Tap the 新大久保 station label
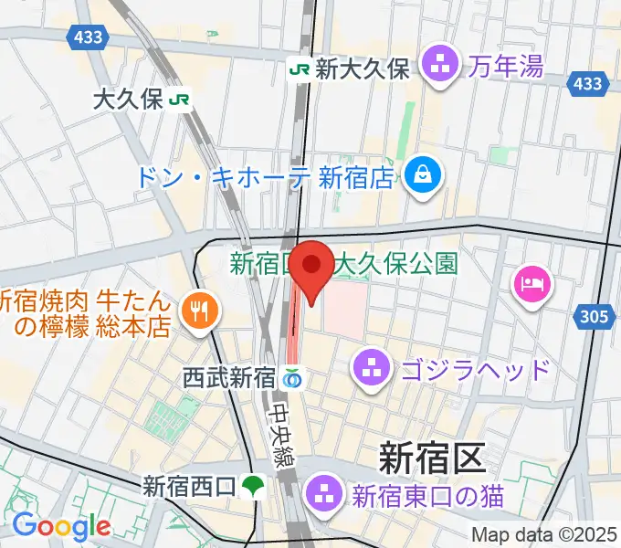point(363,68)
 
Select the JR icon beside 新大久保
point(300,68)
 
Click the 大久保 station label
point(128,100)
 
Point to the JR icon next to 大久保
point(180,100)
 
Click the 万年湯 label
point(507,66)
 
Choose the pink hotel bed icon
point(531,284)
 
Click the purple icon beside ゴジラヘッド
point(371,369)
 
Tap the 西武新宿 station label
point(227,375)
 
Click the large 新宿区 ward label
point(431,457)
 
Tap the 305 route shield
point(594,318)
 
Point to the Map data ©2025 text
point(545,535)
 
